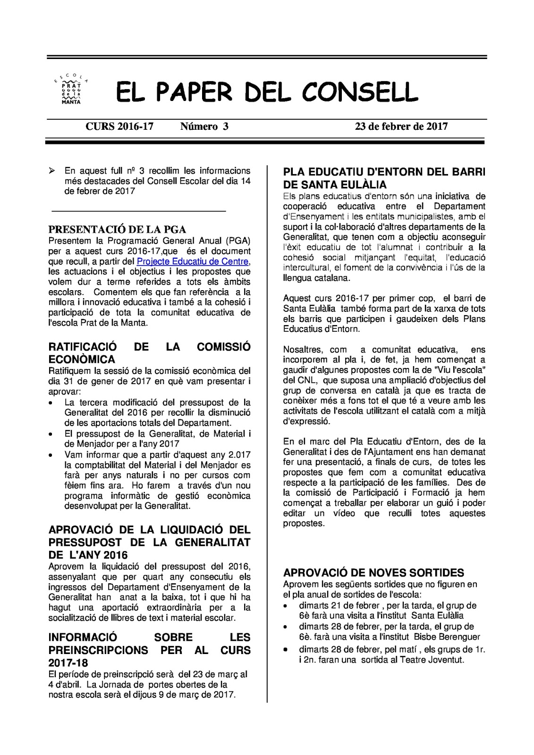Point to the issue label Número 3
[x=204, y=126]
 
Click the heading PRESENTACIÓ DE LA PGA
[x=118, y=230]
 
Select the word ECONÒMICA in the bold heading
[x=82, y=360]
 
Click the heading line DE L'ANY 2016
[x=88, y=555]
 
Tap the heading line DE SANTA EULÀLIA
[x=335, y=185]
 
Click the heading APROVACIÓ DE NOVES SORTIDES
[x=373, y=573]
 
